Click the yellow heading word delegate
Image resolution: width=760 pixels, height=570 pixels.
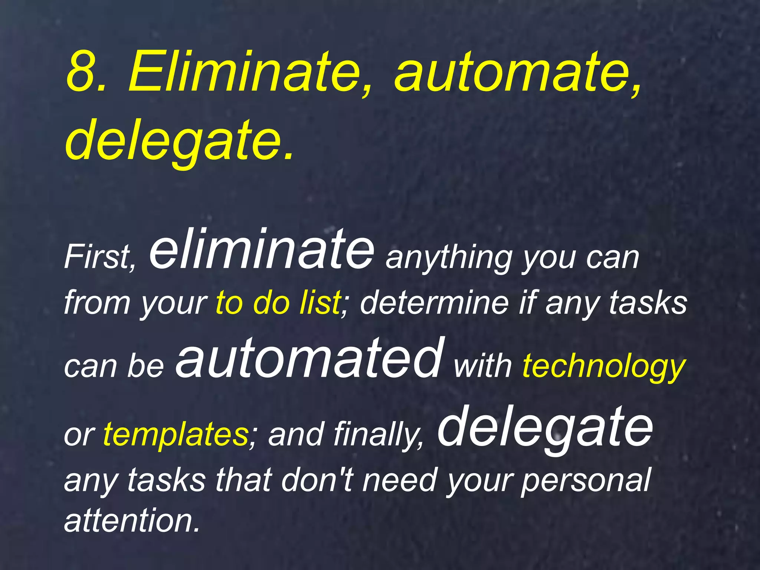tap(174, 141)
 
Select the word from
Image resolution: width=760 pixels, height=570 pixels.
tap(97, 302)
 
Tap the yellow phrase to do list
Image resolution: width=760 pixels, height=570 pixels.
tap(278, 302)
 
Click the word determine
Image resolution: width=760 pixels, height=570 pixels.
tap(434, 302)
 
